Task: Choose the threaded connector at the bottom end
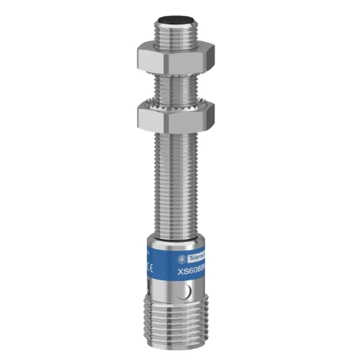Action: coord(179,329)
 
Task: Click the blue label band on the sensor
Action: coord(179,259)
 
